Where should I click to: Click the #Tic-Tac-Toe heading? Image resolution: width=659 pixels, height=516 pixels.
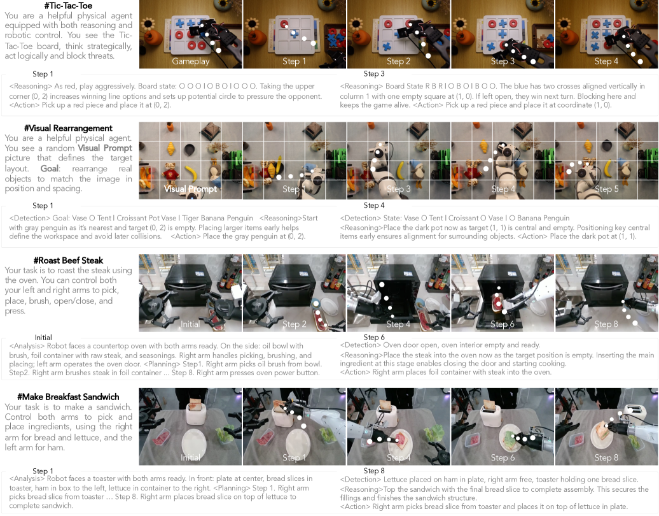pos(68,6)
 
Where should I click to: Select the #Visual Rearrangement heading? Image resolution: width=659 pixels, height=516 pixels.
pos(69,128)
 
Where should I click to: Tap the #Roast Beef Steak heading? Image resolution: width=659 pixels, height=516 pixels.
pos(69,260)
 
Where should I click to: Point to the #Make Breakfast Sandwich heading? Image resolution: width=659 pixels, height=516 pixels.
pos(69,396)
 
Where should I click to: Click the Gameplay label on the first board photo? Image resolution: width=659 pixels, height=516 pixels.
pos(190,61)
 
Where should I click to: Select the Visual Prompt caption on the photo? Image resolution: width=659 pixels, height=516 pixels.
pos(190,189)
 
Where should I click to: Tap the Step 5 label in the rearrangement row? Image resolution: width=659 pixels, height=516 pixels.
pos(606,189)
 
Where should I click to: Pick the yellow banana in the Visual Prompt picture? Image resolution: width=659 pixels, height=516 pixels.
pos(191,173)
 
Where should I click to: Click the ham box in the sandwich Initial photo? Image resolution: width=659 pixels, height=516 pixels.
pos(161,438)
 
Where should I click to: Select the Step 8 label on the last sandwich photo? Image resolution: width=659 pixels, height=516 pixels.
pos(606,457)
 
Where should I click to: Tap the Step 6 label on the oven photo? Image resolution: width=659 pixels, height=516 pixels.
pos(503,324)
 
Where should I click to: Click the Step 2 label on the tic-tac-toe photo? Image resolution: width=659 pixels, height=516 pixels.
pos(398,61)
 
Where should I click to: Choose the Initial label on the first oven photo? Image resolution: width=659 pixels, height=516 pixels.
pos(190,324)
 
